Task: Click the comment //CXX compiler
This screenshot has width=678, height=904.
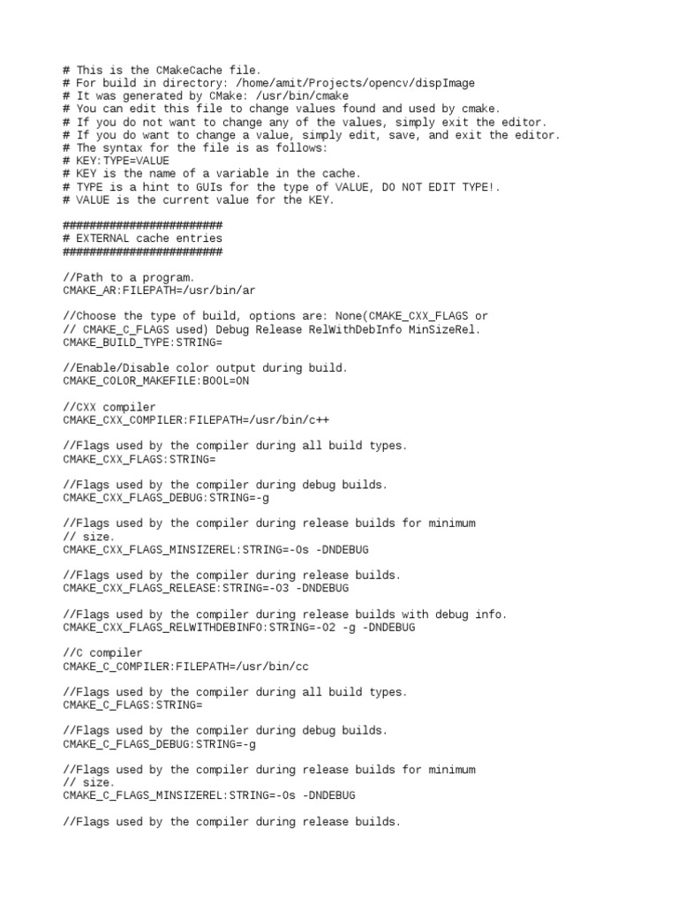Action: point(104,407)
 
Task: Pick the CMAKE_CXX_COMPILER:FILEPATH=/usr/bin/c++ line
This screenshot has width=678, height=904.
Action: point(185,420)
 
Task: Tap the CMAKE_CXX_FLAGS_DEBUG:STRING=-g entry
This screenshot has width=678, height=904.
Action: point(166,497)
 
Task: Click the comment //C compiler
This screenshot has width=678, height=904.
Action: point(98,653)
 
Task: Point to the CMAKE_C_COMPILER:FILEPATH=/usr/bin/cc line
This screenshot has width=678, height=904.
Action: point(185,666)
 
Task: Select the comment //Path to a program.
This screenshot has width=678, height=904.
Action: point(129,277)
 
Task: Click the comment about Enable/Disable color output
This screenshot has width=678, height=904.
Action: point(206,368)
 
